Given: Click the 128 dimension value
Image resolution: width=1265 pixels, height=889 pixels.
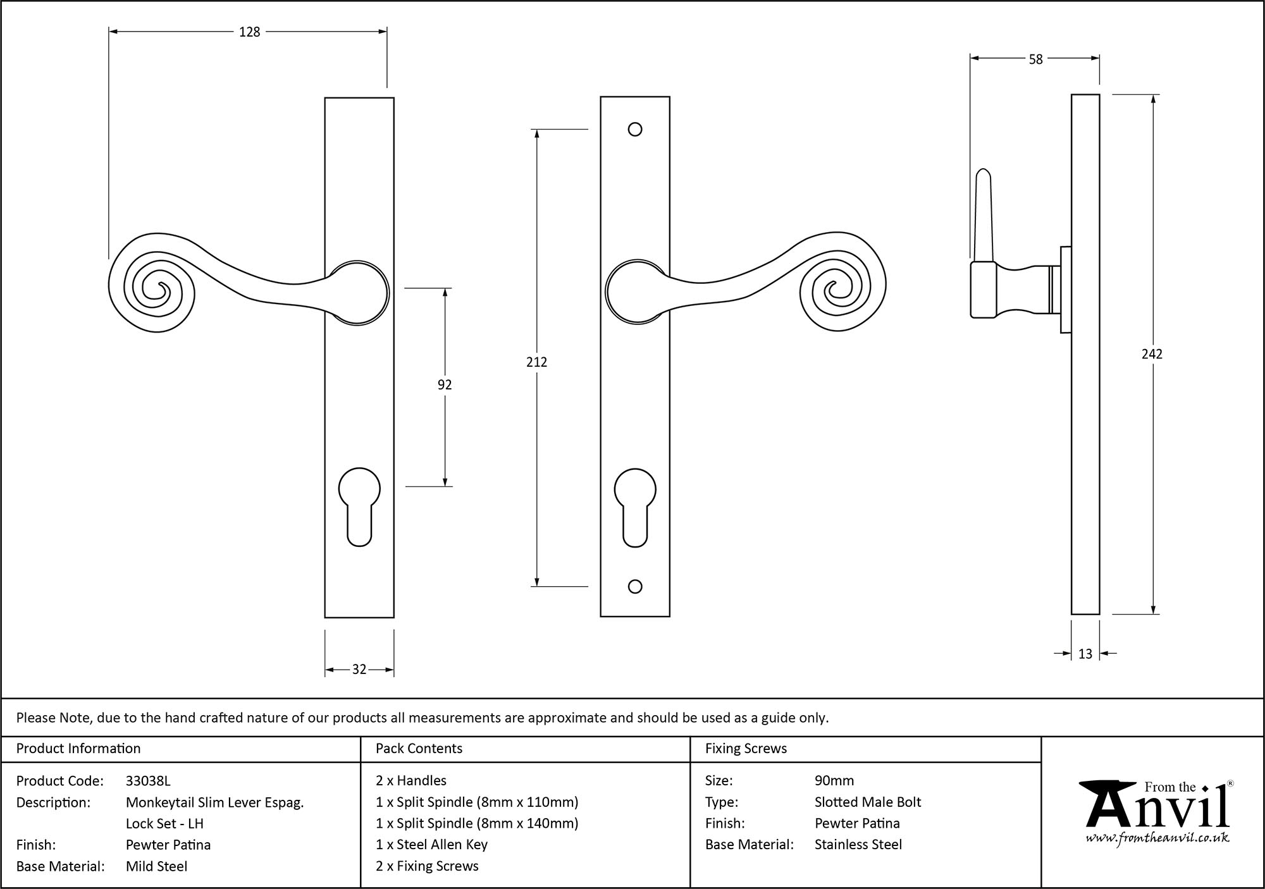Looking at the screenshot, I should (249, 32).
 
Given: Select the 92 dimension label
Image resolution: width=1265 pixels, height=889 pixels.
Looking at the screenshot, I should (445, 384).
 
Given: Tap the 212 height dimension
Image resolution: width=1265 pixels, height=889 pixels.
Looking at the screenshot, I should (536, 362).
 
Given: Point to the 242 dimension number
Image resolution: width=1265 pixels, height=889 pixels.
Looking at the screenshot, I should (1152, 354).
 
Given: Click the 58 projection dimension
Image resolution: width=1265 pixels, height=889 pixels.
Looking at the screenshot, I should (1035, 59).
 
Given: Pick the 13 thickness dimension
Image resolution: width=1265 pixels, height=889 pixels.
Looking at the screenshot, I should (1085, 654).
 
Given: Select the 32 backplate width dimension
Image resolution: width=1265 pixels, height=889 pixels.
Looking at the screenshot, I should (359, 670).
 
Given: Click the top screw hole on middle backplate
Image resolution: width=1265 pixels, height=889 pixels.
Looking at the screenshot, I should (635, 130).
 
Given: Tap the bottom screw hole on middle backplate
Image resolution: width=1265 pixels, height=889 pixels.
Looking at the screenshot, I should (635, 587).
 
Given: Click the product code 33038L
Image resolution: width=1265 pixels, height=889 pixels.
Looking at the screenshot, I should (148, 781).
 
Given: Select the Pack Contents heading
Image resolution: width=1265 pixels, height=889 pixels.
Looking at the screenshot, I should (419, 749).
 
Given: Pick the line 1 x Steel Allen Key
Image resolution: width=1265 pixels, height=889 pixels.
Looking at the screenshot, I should (431, 845).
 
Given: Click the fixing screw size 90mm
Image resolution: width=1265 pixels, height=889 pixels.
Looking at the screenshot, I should (834, 781).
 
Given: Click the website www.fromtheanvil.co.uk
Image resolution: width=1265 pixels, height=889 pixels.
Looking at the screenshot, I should (1157, 838).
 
